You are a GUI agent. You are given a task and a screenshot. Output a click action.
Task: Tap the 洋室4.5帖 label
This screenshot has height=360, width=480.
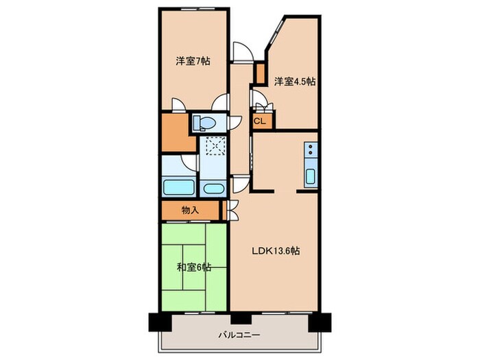tap(295, 82)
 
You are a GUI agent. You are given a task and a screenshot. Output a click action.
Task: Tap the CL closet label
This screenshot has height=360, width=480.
tap(260, 122)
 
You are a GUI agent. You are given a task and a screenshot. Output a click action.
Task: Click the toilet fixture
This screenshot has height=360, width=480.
tap(204, 123)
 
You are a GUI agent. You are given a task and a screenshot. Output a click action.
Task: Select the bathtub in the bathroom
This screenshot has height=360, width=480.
tap(178, 187)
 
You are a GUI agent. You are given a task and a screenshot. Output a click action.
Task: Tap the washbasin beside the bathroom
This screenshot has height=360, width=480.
tap(213, 188)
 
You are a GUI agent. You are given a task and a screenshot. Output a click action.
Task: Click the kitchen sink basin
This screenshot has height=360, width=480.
tap(310, 176)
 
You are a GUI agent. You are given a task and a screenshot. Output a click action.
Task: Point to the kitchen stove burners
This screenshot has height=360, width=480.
tap(310, 149)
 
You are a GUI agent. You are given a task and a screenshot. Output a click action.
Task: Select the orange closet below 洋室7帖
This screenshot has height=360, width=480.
tap(176, 134)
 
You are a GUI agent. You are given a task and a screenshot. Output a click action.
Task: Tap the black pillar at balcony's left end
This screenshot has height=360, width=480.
tap(154, 320)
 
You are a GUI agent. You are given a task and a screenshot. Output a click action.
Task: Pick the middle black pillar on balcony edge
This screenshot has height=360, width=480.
tap(237, 317)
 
